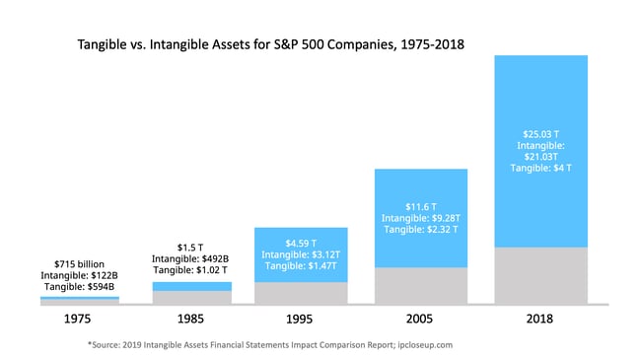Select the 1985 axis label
(191, 320)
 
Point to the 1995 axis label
(301, 320)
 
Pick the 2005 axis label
(420, 320)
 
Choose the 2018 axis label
(539, 320)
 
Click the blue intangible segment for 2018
(539, 99)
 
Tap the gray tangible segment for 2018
(539, 277)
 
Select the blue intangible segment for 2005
(420, 187)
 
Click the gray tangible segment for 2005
(420, 287)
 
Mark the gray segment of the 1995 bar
(301, 294)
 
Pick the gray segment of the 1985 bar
(191, 298)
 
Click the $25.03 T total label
(539, 133)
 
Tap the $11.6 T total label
(420, 205)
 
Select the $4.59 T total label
(301, 243)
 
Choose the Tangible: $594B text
(79, 287)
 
